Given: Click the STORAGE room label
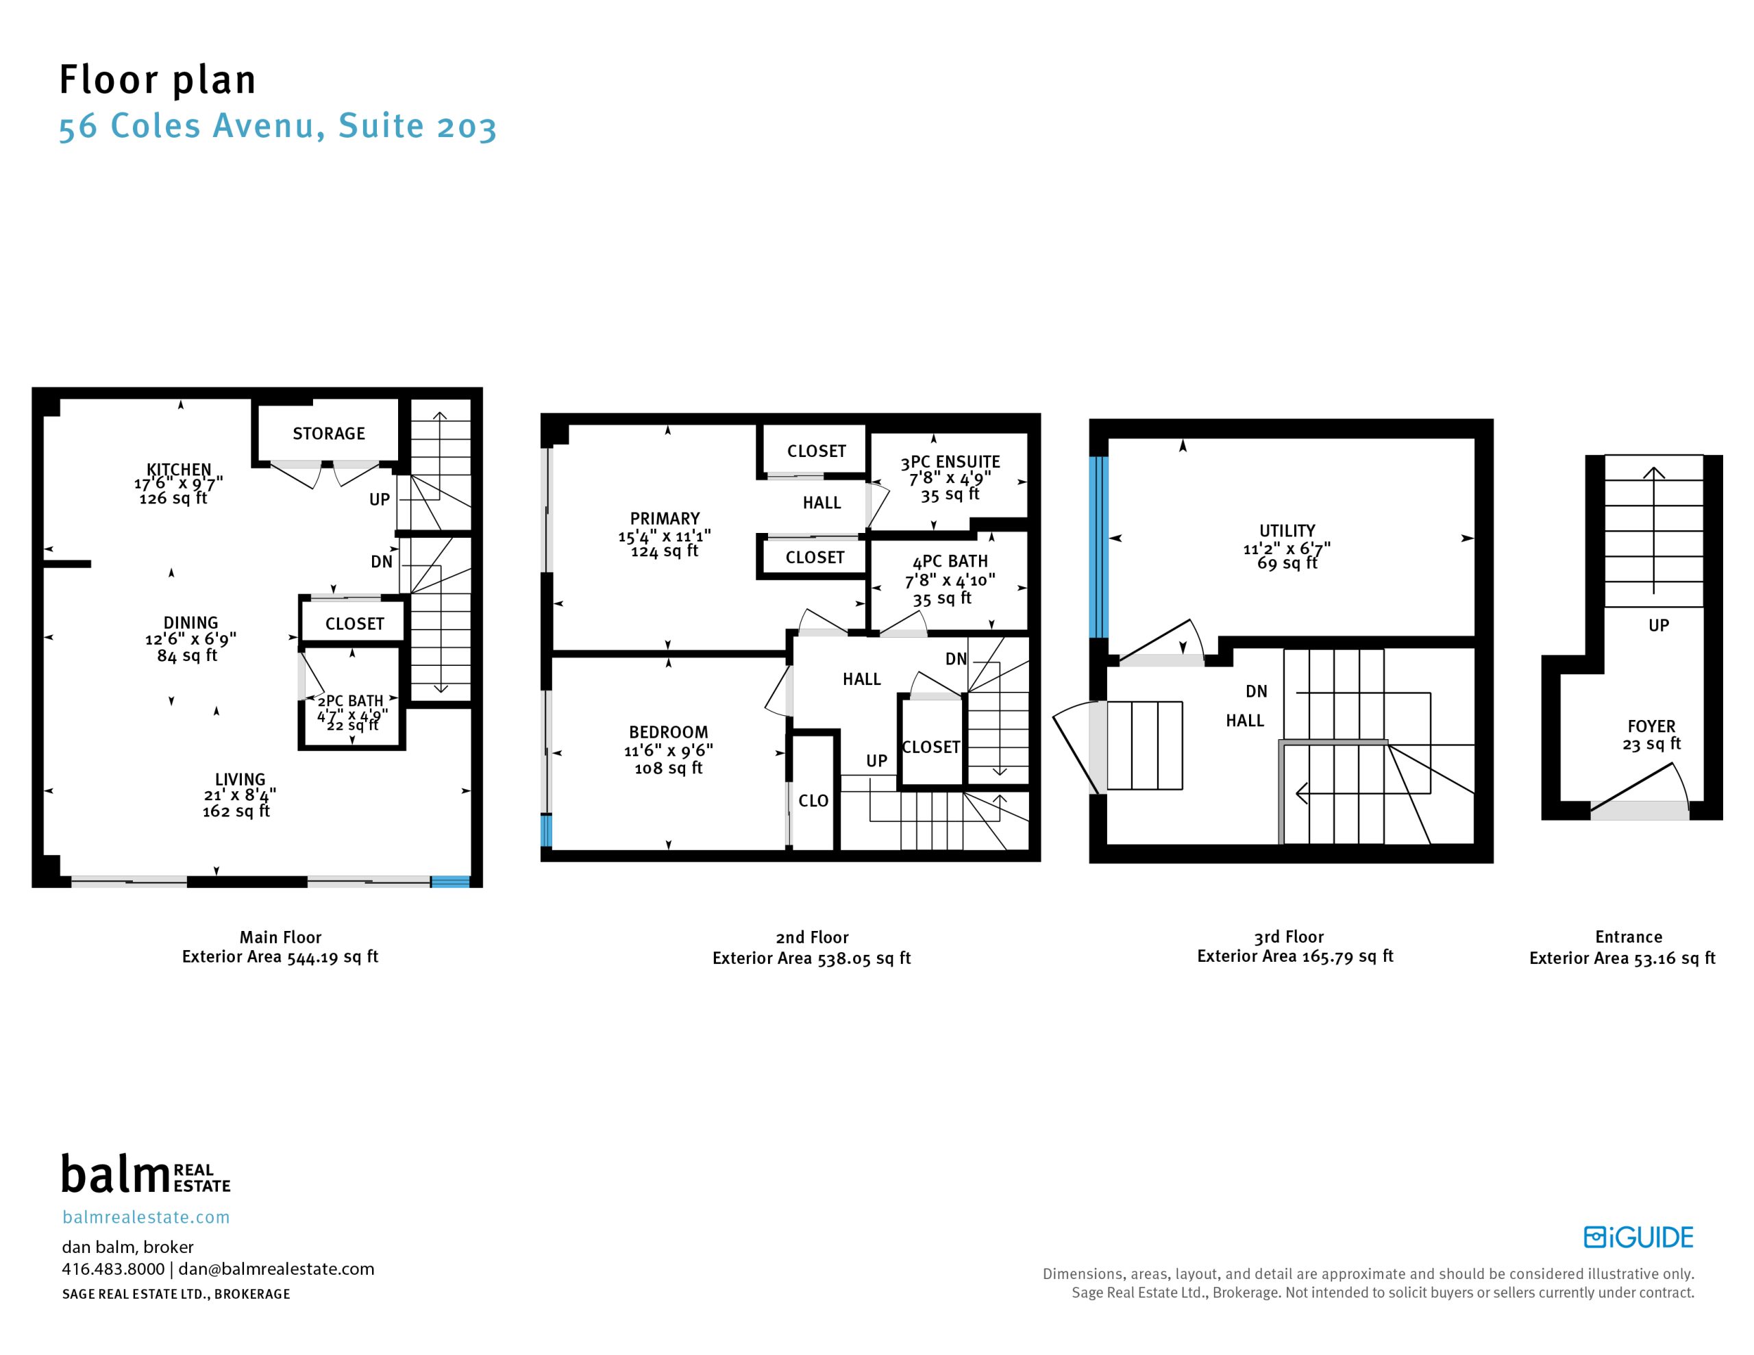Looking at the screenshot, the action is click(x=328, y=434).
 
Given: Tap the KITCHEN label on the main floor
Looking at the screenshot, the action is click(x=178, y=469).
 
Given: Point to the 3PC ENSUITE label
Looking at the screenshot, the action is click(x=950, y=462).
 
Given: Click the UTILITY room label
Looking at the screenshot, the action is click(x=1287, y=531).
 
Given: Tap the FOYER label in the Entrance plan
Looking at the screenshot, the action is click(x=1651, y=726).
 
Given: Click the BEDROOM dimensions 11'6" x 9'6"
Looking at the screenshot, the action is click(x=669, y=750).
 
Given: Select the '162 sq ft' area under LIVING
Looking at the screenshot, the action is click(x=236, y=811).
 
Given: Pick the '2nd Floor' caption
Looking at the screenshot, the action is click(x=812, y=937).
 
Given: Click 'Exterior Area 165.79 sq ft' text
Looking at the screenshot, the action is click(x=1296, y=956).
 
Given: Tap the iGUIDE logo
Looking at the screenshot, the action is click(x=1638, y=1238).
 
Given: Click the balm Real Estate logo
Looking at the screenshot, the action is click(x=146, y=1174).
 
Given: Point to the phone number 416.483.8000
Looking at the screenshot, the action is click(x=113, y=1269).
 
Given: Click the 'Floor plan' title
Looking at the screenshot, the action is click(x=158, y=80).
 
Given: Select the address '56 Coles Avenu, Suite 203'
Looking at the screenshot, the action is click(x=278, y=127).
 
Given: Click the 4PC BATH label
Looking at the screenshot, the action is click(x=950, y=562).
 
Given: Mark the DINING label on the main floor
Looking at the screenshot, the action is click(x=190, y=623).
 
